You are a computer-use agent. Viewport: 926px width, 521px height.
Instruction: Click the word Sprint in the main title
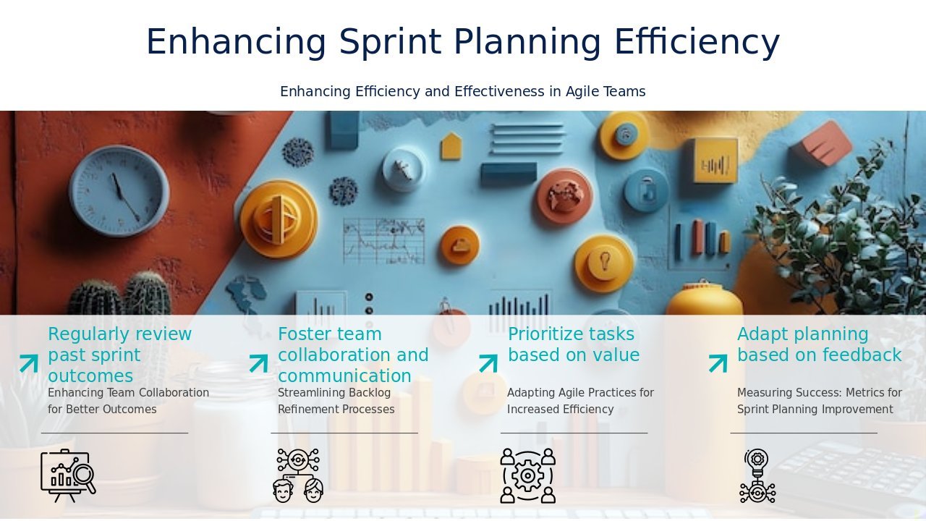(390, 42)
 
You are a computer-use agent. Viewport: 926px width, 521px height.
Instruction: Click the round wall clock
(119, 191)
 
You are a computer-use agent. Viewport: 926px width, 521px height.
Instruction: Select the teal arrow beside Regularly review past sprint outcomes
(29, 363)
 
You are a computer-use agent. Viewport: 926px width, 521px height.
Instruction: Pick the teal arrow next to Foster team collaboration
(259, 363)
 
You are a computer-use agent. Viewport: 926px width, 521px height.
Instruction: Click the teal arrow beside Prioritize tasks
(488, 363)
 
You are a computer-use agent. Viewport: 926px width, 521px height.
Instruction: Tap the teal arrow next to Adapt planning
(718, 363)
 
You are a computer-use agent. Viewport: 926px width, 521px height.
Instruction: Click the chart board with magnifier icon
(68, 476)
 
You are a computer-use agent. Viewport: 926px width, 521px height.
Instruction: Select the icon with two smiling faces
(298, 476)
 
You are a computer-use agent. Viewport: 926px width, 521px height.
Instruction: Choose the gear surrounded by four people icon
(528, 476)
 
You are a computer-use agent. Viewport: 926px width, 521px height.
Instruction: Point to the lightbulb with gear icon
(757, 476)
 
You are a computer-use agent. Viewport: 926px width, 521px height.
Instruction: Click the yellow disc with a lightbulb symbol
(604, 263)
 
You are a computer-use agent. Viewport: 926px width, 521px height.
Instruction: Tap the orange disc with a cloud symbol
(459, 245)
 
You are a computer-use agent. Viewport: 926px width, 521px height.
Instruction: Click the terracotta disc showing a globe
(564, 196)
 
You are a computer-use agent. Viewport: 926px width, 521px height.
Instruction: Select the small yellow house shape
(451, 146)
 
